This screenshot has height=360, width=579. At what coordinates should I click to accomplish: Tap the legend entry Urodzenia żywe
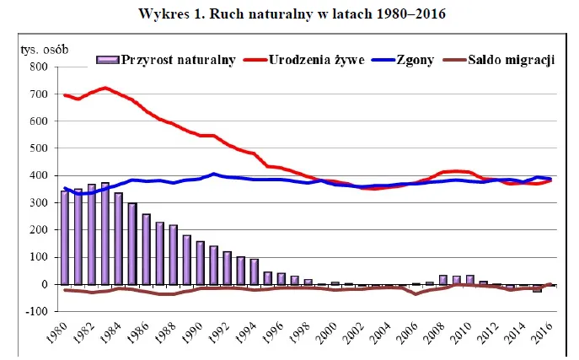click(316, 60)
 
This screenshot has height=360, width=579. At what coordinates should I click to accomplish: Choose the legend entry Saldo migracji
click(512, 60)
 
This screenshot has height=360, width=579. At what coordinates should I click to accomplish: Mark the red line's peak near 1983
click(105, 88)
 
